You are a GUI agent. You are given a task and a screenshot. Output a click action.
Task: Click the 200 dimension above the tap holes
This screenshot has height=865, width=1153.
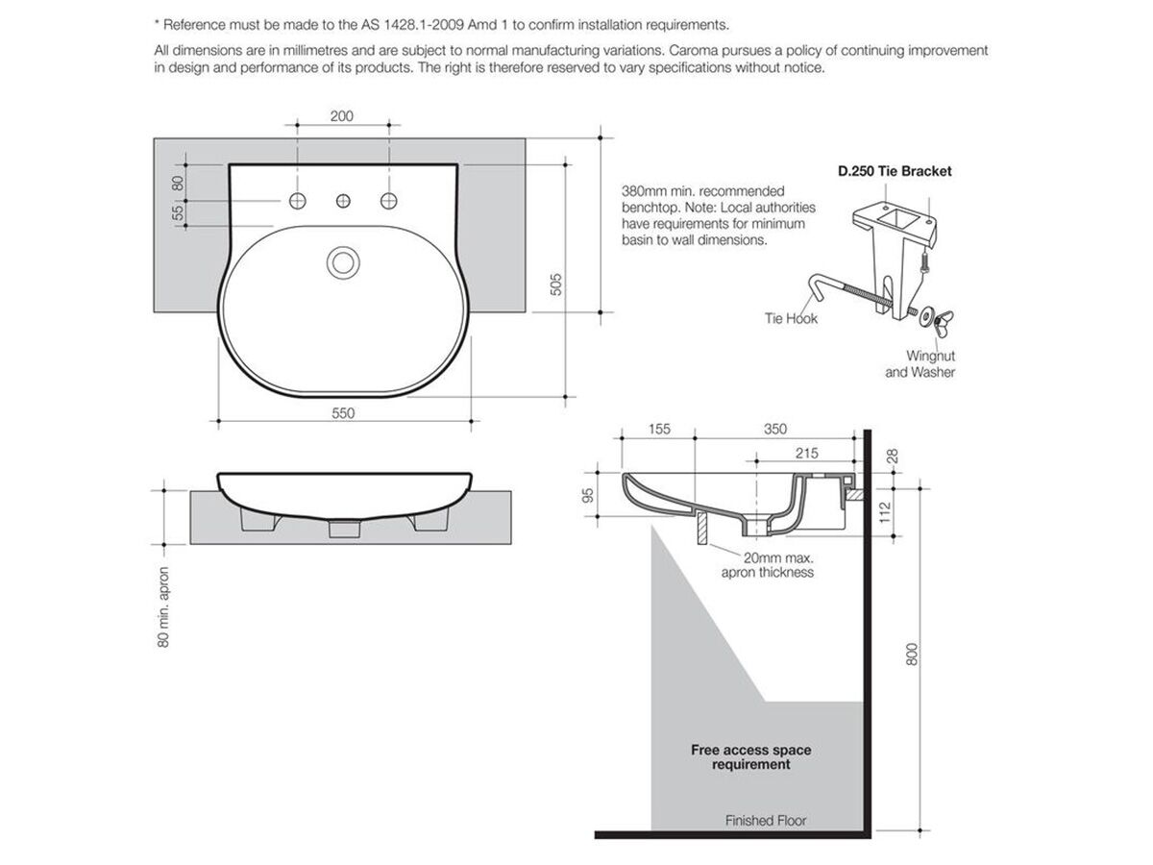coord(341,116)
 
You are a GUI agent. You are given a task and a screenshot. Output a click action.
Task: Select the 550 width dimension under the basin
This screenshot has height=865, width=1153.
coord(344,413)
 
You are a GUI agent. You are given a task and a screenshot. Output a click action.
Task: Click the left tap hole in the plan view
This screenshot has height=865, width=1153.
coord(298,200)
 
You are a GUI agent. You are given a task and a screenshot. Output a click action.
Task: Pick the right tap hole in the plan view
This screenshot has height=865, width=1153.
coord(389,200)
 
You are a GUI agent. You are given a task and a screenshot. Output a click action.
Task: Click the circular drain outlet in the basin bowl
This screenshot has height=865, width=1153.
coord(343,260)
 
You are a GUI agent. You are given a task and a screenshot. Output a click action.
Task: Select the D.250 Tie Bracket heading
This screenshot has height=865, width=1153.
coord(894,171)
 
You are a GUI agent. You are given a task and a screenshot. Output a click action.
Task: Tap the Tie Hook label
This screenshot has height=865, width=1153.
coord(791,318)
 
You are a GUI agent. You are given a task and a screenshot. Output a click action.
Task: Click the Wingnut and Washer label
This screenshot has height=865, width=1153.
coord(920,363)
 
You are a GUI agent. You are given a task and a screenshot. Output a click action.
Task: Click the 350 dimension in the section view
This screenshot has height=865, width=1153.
coord(774,429)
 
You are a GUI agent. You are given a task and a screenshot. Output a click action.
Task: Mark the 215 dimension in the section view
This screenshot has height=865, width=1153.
coord(807,452)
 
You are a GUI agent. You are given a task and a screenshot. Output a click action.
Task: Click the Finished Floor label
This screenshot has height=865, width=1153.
coord(766,821)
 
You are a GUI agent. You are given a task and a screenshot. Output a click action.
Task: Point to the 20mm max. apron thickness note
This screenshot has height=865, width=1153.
coord(768,564)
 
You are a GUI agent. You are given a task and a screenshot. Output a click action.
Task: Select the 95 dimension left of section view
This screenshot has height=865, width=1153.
coord(588,495)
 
